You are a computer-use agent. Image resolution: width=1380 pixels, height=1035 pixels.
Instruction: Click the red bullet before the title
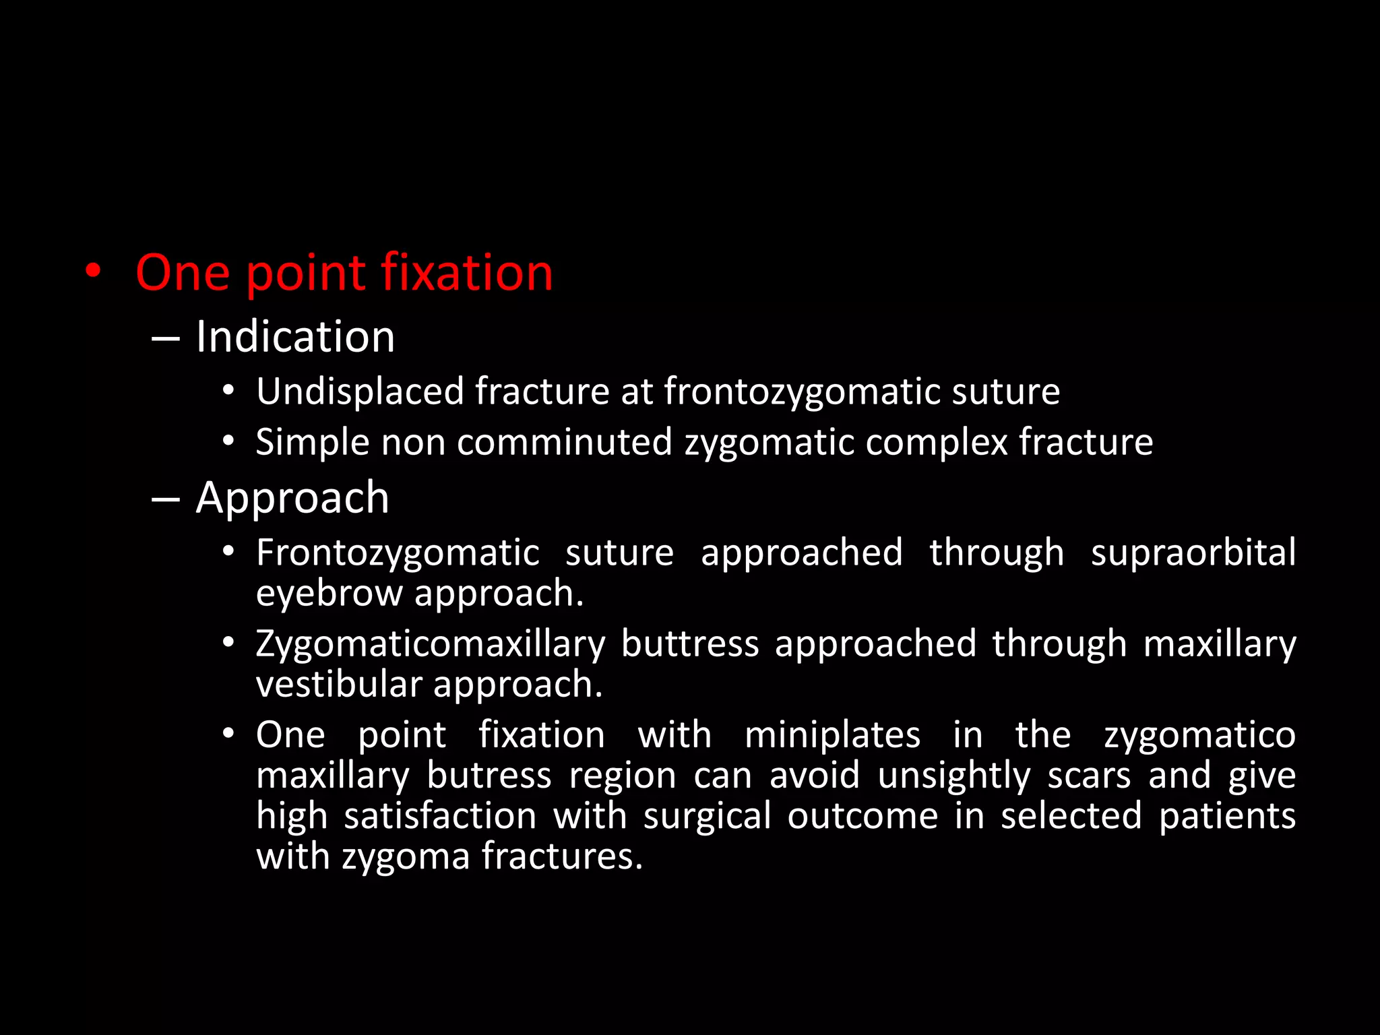point(94,272)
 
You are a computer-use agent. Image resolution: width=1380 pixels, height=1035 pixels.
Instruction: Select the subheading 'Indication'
point(295,336)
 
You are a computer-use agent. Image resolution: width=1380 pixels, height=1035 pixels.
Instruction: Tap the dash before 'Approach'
point(166,499)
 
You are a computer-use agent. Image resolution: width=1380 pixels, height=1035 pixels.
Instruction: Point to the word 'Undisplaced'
point(360,391)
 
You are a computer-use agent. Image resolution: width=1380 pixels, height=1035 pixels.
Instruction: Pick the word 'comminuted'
point(565,443)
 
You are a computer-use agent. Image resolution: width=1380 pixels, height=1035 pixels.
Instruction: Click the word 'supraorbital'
point(1193,553)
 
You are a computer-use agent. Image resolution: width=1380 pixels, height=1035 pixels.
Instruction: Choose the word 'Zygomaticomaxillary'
point(431,644)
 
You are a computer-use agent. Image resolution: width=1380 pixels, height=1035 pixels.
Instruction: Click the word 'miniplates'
point(832,734)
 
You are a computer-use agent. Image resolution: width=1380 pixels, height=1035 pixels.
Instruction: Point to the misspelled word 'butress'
point(489,776)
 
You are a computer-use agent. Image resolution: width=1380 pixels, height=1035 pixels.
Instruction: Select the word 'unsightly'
point(954,776)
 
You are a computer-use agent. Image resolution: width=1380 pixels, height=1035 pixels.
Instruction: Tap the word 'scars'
point(1089,776)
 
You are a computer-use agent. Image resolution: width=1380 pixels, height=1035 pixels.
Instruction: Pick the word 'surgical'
point(707,816)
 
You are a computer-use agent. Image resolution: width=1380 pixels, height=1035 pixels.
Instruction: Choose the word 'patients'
point(1227,816)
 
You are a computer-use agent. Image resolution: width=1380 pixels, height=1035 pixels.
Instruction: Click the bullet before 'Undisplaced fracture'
point(229,391)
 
